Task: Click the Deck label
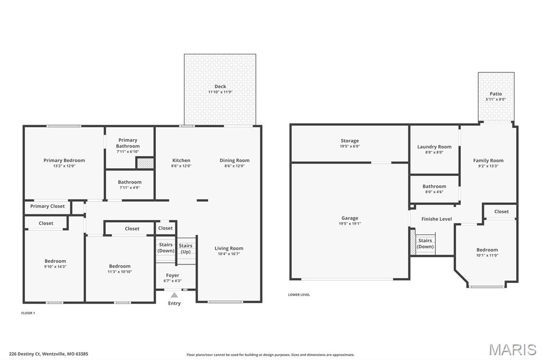(x=220, y=87)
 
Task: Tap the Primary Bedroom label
(x=64, y=160)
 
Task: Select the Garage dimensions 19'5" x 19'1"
(x=350, y=223)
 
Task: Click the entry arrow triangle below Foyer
(x=174, y=295)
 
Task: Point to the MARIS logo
(x=512, y=349)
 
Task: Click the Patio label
(x=496, y=94)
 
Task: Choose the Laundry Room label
(x=434, y=147)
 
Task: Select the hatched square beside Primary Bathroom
(x=145, y=163)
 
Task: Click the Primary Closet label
(x=48, y=206)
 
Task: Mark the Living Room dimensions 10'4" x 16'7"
(x=229, y=254)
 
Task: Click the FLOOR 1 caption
(x=28, y=313)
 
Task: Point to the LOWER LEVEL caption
(x=299, y=295)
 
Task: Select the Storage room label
(x=350, y=141)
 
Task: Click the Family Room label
(x=488, y=160)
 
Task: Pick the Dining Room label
(x=235, y=160)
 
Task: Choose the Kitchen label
(x=181, y=160)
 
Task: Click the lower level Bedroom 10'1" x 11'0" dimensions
(x=487, y=255)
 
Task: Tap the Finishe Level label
(x=436, y=219)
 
